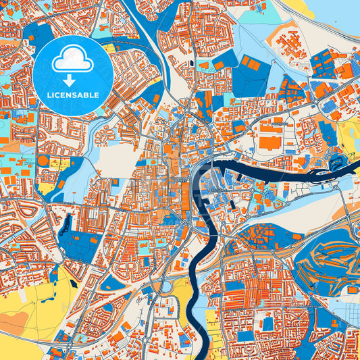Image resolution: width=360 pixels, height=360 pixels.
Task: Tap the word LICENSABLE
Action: coord(73,95)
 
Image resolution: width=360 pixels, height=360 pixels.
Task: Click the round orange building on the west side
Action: coord(43,161)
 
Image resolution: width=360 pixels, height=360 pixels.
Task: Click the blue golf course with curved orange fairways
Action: coord(324,260)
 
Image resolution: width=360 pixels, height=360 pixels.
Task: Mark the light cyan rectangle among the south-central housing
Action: coord(267,324)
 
